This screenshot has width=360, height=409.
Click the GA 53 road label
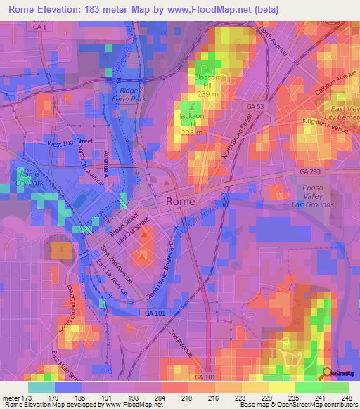[x=255, y=105]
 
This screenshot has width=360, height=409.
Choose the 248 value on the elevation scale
[x=348, y=398]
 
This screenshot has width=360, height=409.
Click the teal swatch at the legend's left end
[x=41, y=387]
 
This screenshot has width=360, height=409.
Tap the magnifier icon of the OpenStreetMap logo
[x=327, y=372]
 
